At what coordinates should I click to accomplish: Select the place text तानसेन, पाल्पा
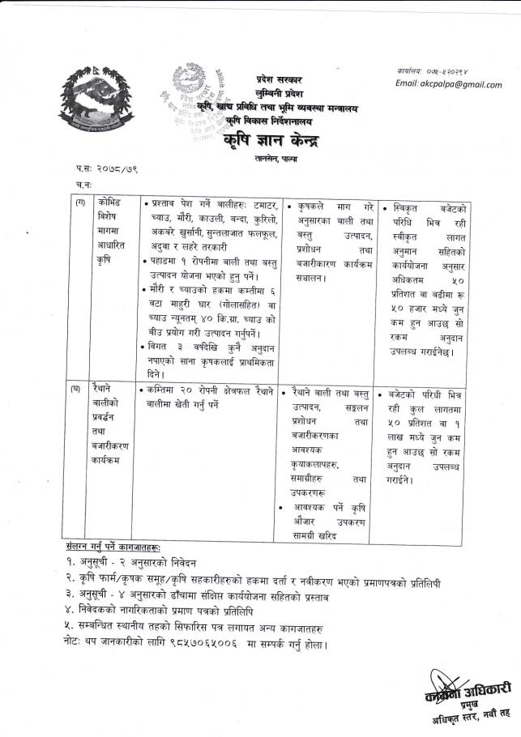pos(276,161)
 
